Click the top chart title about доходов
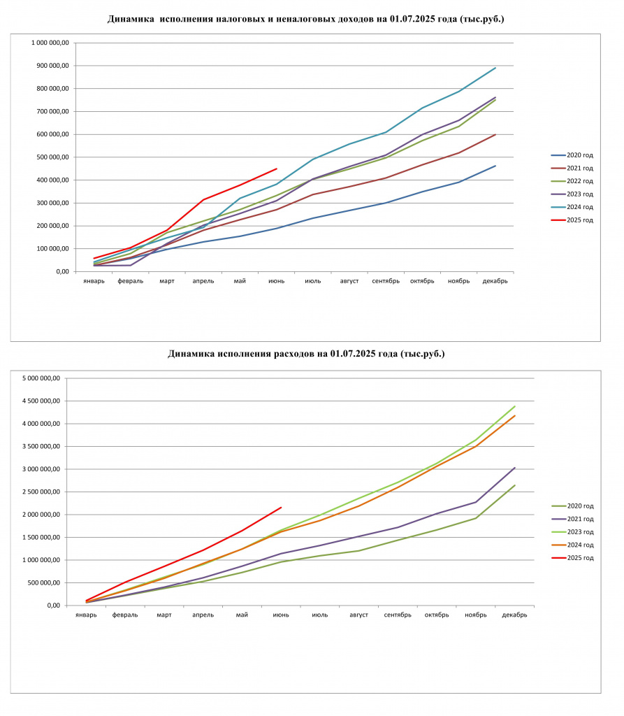click(306, 19)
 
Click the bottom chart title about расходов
click(306, 354)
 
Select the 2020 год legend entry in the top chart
click(572, 155)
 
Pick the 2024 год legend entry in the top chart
click(572, 207)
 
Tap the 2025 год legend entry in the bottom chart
click(572, 558)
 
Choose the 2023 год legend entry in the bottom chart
click(572, 532)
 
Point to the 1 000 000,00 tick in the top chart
click(50, 43)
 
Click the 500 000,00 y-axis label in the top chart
click(53, 157)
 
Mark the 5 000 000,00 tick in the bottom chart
click(41, 378)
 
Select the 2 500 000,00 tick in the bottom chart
click(41, 492)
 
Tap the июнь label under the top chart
click(276, 281)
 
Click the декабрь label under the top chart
click(495, 281)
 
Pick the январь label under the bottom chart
click(86, 615)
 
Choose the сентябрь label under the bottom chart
click(398, 615)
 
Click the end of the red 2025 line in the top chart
click(277, 169)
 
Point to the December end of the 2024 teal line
click(495, 68)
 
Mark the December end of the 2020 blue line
click(495, 166)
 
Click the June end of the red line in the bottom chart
click(281, 508)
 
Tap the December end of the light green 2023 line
click(515, 406)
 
